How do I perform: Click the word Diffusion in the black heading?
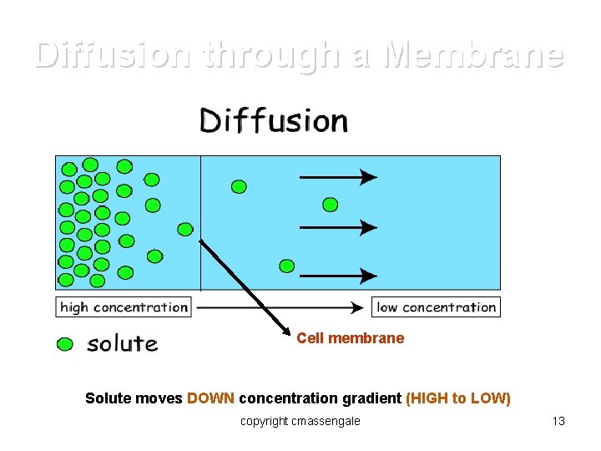(x=273, y=122)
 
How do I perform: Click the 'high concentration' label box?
(x=124, y=307)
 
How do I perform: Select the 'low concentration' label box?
(x=436, y=307)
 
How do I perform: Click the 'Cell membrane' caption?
(x=350, y=338)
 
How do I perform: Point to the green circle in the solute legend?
(x=65, y=344)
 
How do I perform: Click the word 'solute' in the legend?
(x=122, y=343)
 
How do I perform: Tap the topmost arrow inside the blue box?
(x=338, y=177)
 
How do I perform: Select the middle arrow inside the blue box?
(x=338, y=226)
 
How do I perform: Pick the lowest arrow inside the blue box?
(x=338, y=276)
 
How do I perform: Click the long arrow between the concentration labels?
(x=280, y=307)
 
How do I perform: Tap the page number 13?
(x=558, y=421)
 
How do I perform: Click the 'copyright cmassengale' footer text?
(x=300, y=421)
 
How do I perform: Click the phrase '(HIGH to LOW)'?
(x=457, y=398)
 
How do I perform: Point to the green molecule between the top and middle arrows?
(x=331, y=204)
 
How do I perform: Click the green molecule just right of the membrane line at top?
(x=239, y=186)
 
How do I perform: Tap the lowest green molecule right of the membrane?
(x=287, y=266)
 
